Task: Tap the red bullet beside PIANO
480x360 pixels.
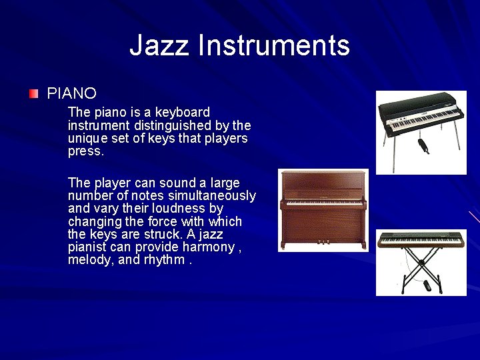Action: (34, 93)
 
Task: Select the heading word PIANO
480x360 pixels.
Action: (71, 93)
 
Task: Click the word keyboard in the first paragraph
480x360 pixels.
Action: (183, 112)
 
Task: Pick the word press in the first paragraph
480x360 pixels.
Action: (85, 151)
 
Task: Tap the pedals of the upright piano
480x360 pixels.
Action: (323, 242)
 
